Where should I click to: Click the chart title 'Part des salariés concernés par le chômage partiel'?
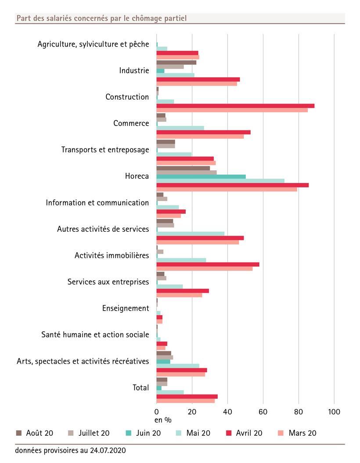pyautogui.click(x=101, y=18)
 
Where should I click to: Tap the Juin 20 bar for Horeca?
pyautogui.click(x=201, y=176)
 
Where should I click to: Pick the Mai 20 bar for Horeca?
pyautogui.click(x=220, y=181)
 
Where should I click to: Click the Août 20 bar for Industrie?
pyautogui.click(x=176, y=62)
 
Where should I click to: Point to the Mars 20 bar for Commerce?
pyautogui.click(x=200, y=136)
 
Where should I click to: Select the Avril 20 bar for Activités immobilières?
pyautogui.click(x=208, y=264)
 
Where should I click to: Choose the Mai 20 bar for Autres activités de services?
pyautogui.click(x=190, y=233)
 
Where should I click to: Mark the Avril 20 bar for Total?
pyautogui.click(x=187, y=396)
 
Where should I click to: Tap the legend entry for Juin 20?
pyautogui.click(x=143, y=433)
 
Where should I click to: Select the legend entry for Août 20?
pyautogui.click(x=34, y=433)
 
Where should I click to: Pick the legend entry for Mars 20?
pyautogui.click(x=297, y=433)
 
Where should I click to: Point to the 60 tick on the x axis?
pyautogui.click(x=263, y=412)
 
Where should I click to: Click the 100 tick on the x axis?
pyautogui.click(x=334, y=412)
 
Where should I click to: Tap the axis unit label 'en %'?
pyautogui.click(x=163, y=420)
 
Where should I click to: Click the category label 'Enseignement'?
pyautogui.click(x=126, y=309)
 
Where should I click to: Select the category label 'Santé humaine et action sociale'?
pyautogui.click(x=95, y=335)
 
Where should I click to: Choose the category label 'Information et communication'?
pyautogui.click(x=97, y=203)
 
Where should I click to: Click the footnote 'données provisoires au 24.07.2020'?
pyautogui.click(x=70, y=451)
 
